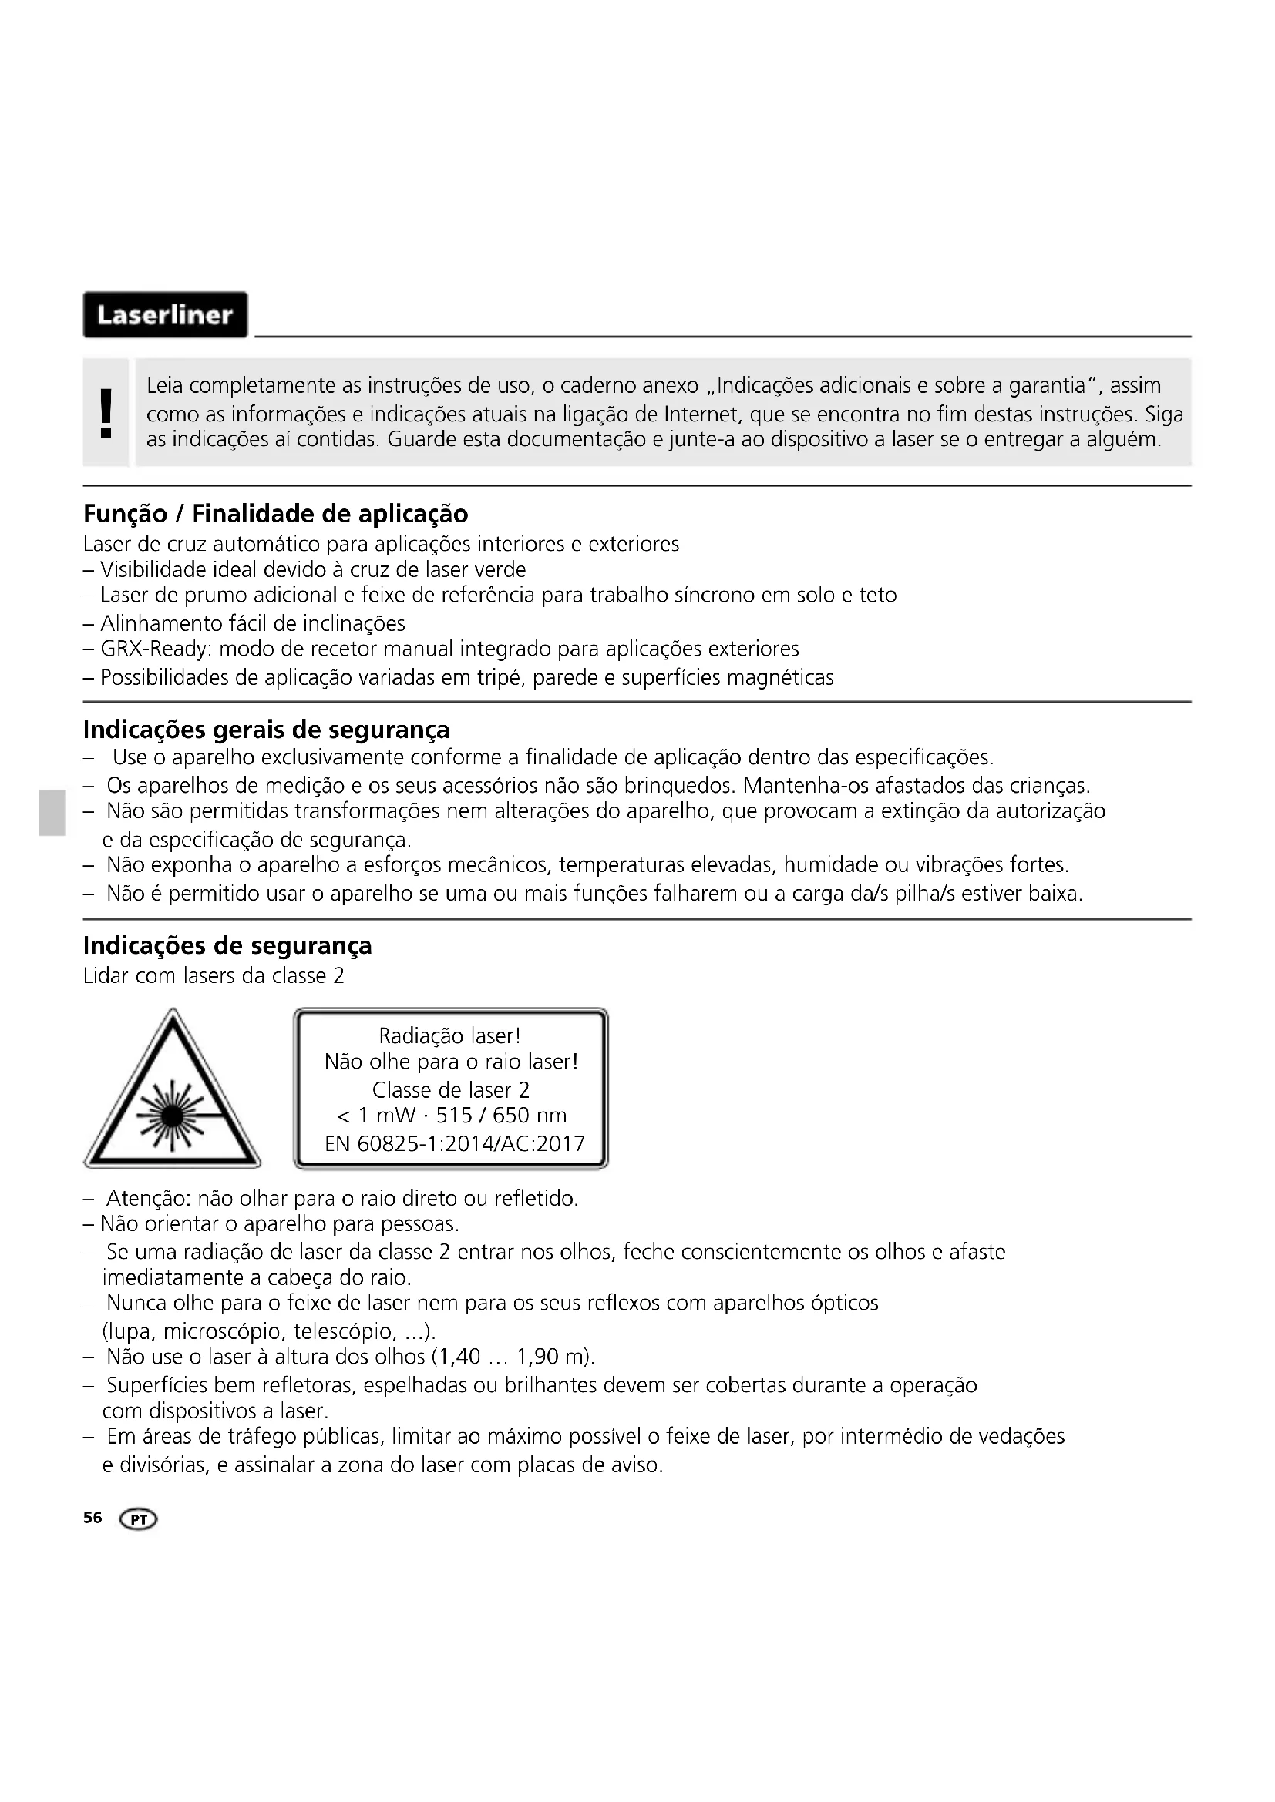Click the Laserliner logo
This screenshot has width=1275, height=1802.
[165, 315]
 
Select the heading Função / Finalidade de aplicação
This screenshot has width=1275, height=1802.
[275, 514]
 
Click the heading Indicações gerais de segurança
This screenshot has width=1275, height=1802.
[266, 730]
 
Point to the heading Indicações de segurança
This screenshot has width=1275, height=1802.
[227, 946]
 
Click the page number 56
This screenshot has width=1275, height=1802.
[93, 1518]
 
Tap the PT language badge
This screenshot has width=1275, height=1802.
[138, 1519]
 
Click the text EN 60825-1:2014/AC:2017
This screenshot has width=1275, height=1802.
[455, 1143]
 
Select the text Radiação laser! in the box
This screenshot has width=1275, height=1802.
[450, 1036]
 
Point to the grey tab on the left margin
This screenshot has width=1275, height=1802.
[52, 813]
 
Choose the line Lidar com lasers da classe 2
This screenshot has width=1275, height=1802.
[214, 976]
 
